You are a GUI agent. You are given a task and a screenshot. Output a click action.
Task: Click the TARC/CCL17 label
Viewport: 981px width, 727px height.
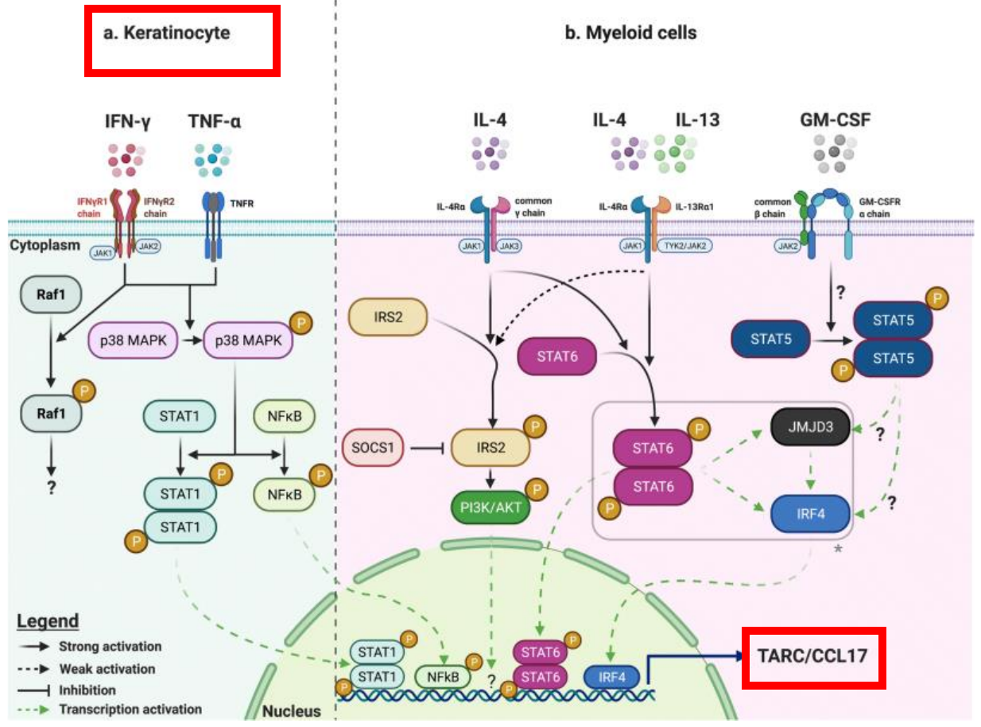813,656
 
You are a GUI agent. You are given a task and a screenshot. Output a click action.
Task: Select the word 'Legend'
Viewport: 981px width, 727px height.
47,621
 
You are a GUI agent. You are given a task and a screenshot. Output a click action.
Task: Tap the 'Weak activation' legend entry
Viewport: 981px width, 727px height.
107,668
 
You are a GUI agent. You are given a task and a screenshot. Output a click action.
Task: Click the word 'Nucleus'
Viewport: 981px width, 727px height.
290,711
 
